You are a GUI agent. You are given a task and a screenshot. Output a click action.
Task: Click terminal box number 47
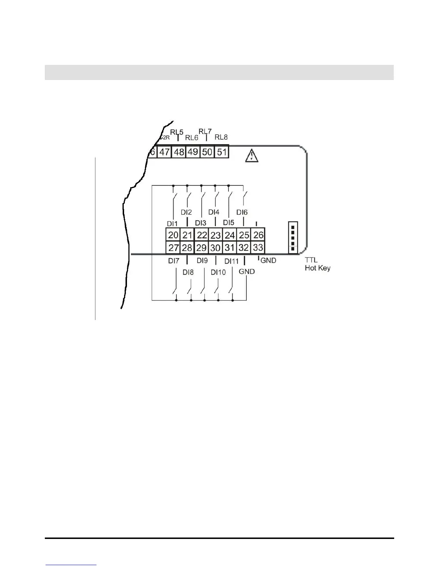[164, 152]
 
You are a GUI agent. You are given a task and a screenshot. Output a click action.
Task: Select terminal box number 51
[222, 152]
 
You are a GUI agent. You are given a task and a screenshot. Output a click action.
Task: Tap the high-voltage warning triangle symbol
[252, 156]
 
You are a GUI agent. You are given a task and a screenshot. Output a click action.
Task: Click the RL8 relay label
[221, 137]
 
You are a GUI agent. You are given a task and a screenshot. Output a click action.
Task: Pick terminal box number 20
[173, 235]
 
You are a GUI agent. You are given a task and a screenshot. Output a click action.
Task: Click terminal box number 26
[258, 235]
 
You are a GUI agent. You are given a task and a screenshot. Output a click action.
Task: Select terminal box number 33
[258, 247]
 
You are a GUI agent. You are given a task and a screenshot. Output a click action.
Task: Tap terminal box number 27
[174, 248]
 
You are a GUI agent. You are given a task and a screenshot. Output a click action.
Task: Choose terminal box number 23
[216, 235]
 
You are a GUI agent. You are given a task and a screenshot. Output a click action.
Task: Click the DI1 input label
[172, 224]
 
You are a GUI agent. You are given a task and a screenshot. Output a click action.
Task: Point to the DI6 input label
[242, 213]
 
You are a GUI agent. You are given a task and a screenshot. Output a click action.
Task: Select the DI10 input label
[218, 273]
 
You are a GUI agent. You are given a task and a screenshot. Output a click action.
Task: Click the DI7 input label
[174, 261]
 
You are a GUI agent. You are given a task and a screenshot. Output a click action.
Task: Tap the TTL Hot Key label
[317, 264]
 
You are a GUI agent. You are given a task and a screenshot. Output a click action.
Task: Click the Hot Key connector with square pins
[293, 237]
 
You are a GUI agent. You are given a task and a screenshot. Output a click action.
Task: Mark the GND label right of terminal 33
[268, 261]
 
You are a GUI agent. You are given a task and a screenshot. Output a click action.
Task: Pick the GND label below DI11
[247, 272]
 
